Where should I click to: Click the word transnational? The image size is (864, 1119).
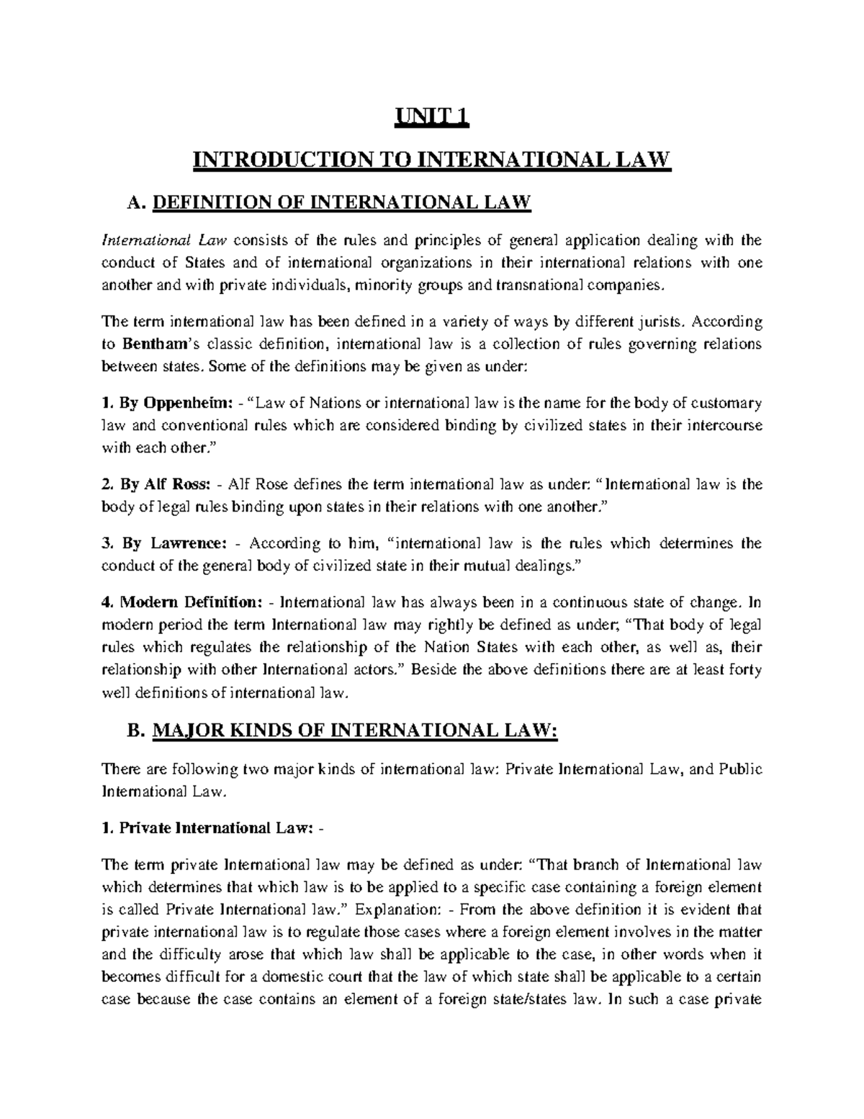click(539, 285)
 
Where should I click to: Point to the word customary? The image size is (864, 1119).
click(726, 402)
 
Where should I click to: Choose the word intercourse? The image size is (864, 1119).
click(721, 425)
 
